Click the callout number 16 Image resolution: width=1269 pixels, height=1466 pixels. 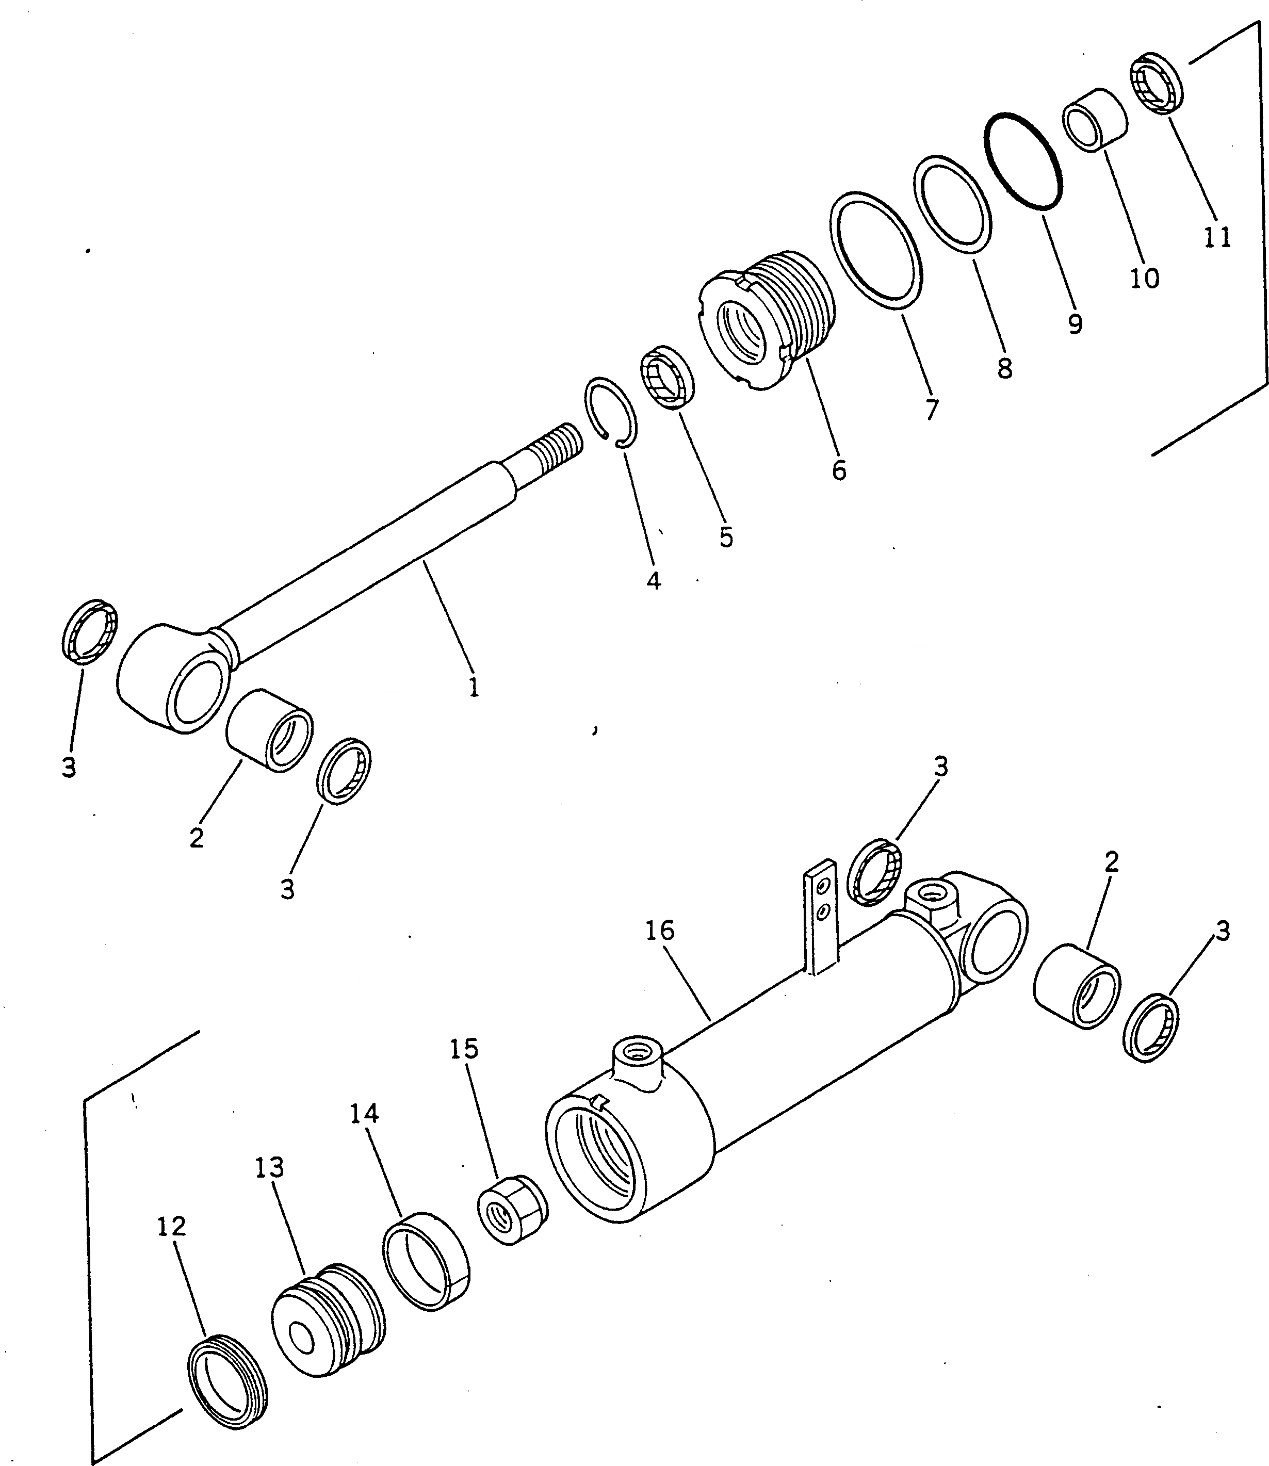point(660,931)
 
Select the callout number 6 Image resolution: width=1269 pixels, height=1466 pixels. point(839,469)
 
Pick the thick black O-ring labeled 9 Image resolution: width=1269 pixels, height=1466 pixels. point(1024,160)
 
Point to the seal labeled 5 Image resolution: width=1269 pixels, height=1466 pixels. point(668,378)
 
